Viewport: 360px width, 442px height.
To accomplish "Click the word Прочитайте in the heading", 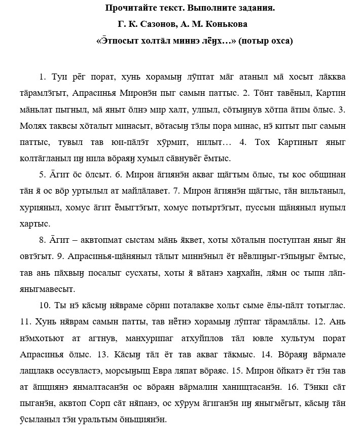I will [128, 8].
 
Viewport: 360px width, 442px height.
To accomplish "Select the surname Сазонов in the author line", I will [151, 24].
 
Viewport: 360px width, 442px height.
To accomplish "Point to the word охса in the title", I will [281, 41].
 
